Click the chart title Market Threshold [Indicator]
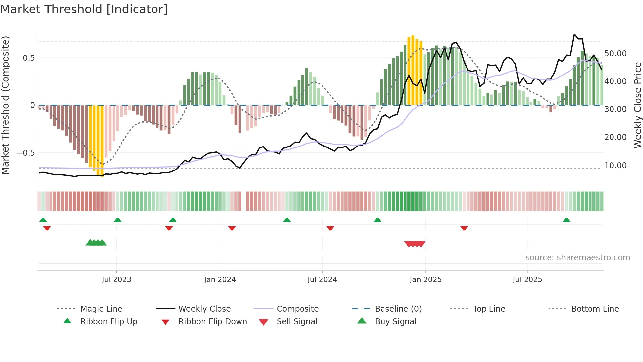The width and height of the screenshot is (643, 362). pos(84,9)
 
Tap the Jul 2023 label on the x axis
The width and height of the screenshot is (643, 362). pos(116,280)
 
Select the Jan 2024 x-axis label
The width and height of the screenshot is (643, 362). pos(220,280)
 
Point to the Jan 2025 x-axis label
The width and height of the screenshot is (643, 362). pos(425,280)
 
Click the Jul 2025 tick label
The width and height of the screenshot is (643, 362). pos(527,280)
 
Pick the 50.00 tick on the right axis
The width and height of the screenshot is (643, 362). pos(615,54)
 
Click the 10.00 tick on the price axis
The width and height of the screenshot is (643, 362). pos(615,166)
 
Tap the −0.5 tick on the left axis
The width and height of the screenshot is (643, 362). pos(26,153)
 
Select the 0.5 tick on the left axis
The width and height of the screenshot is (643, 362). pos(29,58)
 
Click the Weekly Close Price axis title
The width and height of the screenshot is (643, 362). pos(637,105)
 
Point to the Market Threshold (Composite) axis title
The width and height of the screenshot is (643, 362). pos(5,105)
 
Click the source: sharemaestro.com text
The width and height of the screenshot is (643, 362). pos(577,258)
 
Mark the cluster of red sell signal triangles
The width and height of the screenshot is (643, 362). pos(415,244)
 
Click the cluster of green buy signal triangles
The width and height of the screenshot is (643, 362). pos(96,243)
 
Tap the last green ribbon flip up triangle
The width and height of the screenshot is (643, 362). pos(566,220)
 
